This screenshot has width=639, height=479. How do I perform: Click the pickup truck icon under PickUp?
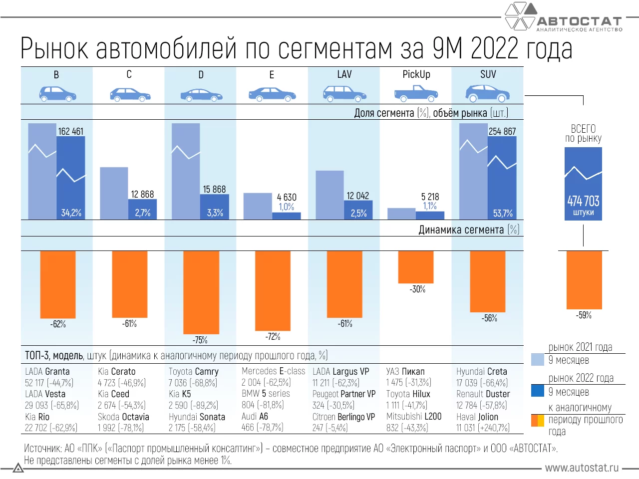416,92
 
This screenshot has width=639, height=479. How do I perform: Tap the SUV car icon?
487,92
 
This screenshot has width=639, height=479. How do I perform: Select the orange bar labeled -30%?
416,266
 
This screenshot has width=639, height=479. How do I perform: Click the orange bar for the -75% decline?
201,292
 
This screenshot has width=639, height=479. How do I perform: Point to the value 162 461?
71,131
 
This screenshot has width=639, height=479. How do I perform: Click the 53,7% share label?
503,213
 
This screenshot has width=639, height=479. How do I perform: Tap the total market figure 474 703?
583,201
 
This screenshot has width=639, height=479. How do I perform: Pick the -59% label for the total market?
583,315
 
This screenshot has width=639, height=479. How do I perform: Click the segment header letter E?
272,75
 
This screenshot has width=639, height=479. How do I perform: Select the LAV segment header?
344,74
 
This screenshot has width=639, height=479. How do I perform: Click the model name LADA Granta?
47,371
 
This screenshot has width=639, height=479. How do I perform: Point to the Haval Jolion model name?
477,417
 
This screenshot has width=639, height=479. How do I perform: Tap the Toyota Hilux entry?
408,394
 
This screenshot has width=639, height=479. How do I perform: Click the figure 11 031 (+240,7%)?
483,428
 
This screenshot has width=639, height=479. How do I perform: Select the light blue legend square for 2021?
538,359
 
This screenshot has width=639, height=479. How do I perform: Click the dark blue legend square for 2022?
538,390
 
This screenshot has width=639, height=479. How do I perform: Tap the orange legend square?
538,420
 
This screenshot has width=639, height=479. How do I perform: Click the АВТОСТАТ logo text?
579,21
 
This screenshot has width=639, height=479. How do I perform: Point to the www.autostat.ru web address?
582,468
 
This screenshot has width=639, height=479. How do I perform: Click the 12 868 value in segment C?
142,194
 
